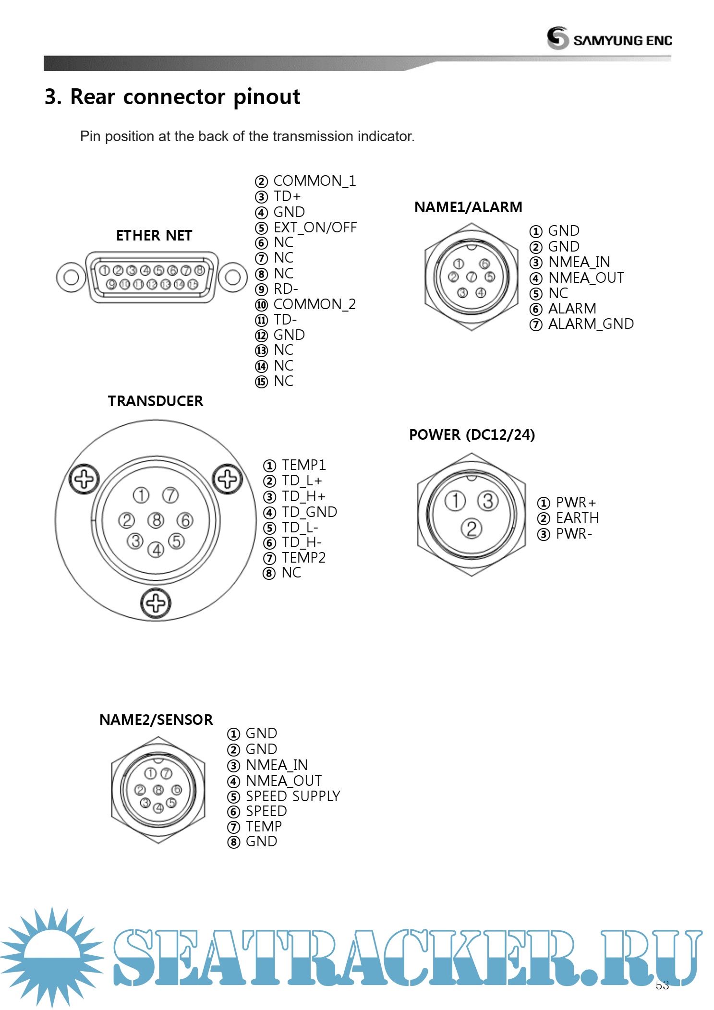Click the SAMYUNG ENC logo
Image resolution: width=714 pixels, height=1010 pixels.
[x=609, y=38]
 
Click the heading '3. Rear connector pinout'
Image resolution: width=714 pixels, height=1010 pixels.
[x=172, y=97]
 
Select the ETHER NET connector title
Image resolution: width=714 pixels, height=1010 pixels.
[x=154, y=236]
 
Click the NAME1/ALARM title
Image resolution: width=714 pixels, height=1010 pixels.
[x=468, y=207]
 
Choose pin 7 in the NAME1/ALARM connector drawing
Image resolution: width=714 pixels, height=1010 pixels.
[x=472, y=277]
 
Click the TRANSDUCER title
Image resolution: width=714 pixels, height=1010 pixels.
[x=156, y=401]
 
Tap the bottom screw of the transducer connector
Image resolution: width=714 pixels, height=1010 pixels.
[x=156, y=603]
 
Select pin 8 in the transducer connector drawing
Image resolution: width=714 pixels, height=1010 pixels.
[x=156, y=520]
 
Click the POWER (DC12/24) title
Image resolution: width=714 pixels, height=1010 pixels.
[x=472, y=434]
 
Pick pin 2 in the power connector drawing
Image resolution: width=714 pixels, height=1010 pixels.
[x=472, y=529]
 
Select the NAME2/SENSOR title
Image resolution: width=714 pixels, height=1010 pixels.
[x=156, y=720]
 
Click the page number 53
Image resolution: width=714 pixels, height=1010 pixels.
[x=662, y=985]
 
